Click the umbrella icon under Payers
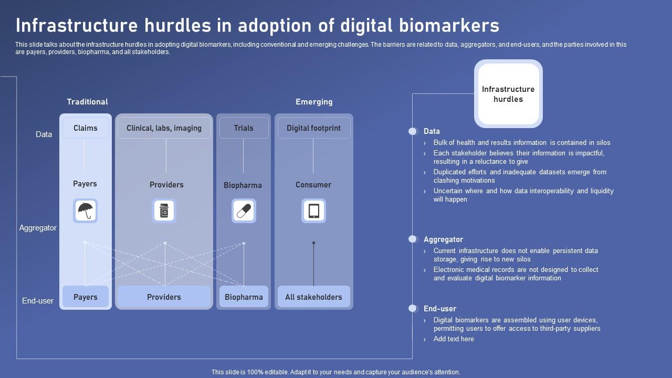tap(85, 211)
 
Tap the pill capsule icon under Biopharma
tap(244, 211)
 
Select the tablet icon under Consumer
tap(313, 211)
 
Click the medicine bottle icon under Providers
tap(164, 211)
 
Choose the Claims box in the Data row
tap(86, 128)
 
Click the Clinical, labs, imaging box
tap(164, 128)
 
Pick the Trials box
tap(244, 128)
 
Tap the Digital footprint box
tap(313, 128)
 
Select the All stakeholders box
tap(313, 297)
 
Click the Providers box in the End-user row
tap(164, 297)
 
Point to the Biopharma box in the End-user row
tap(244, 297)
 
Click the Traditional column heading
tap(87, 102)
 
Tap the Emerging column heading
tap(314, 102)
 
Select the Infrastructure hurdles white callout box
tap(508, 94)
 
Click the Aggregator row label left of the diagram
tap(38, 228)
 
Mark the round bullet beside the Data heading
tap(413, 131)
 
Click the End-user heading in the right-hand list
tap(440, 309)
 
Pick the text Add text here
tap(454, 339)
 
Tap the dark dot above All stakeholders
tap(314, 243)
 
